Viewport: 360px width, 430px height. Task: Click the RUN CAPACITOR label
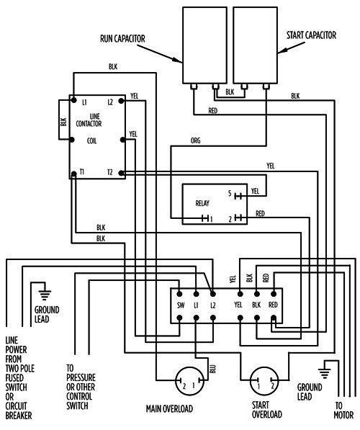pyautogui.click(x=122, y=39)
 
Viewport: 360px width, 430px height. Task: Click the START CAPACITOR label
pyautogui.click(x=311, y=35)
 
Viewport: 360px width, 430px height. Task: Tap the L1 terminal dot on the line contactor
pyautogui.click(x=73, y=100)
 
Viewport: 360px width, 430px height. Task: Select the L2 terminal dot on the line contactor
pyautogui.click(x=121, y=101)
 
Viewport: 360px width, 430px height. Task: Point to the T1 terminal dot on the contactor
pyautogui.click(x=73, y=174)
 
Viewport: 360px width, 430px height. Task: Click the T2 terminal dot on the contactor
pyautogui.click(x=121, y=173)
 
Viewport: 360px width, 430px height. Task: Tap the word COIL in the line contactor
pyautogui.click(x=91, y=141)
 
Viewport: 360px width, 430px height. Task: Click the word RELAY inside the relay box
pyautogui.click(x=202, y=203)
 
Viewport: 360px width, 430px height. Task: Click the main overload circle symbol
pyautogui.click(x=190, y=381)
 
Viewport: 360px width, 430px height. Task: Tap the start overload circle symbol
pyautogui.click(x=264, y=381)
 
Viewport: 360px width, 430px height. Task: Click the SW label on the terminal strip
pyautogui.click(x=181, y=305)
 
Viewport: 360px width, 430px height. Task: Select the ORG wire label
pyautogui.click(x=196, y=140)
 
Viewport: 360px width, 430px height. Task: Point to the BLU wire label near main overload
pyautogui.click(x=213, y=369)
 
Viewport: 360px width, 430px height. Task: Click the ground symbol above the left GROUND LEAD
pyautogui.click(x=45, y=295)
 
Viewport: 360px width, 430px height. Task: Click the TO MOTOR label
pyautogui.click(x=343, y=411)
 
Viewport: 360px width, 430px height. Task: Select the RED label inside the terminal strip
pyautogui.click(x=273, y=305)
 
